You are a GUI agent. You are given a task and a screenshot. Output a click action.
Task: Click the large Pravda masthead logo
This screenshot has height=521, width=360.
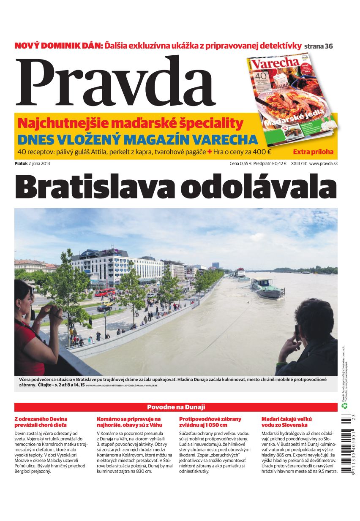pyautogui.click(x=115, y=82)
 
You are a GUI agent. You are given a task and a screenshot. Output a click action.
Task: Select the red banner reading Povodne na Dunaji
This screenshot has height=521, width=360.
pyautogui.click(x=176, y=407)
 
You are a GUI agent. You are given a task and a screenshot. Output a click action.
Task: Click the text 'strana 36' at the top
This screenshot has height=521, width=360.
pyautogui.click(x=319, y=46)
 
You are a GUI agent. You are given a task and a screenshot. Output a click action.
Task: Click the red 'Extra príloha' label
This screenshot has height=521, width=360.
pyautogui.click(x=313, y=152)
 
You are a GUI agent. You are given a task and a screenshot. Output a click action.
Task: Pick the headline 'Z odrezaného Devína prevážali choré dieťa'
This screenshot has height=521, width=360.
pyautogui.click(x=41, y=422)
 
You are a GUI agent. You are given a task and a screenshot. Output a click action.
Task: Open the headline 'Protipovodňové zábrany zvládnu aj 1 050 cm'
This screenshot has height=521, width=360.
pyautogui.click(x=210, y=422)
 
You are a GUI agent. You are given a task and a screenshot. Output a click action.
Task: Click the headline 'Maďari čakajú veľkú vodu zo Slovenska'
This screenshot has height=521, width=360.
pyautogui.click(x=286, y=422)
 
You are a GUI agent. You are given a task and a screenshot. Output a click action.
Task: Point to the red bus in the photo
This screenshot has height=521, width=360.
pyautogui.click(x=105, y=292)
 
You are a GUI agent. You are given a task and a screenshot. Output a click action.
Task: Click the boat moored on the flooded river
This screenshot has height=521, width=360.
pyautogui.click(x=267, y=288)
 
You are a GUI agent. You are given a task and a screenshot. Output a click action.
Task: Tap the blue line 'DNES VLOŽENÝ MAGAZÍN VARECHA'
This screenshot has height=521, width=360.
pyautogui.click(x=138, y=139)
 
